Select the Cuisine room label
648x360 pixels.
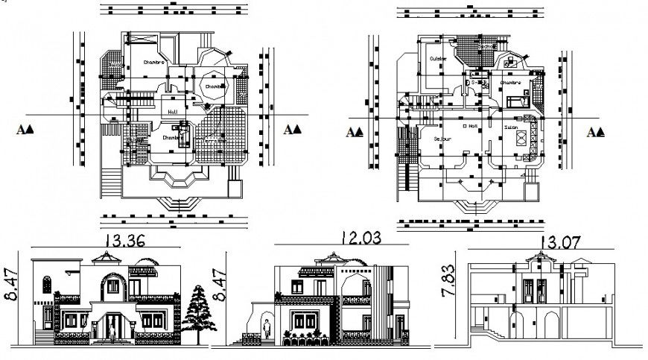(x=436, y=59)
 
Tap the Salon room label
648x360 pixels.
(x=512, y=127)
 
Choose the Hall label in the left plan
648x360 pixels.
(x=173, y=113)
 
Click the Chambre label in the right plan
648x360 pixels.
(x=509, y=83)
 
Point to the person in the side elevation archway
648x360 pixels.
(x=266, y=327)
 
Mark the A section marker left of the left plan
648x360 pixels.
(x=25, y=129)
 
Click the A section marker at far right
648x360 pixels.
(x=596, y=132)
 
